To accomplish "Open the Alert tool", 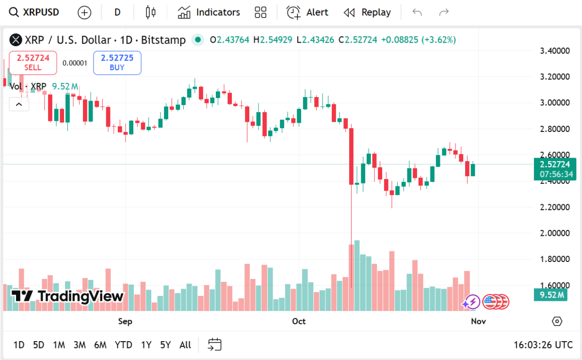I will (307, 12).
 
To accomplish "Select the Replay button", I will (367, 12).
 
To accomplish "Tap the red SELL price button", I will (33, 63).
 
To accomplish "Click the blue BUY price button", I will (117, 63).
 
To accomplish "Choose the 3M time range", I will (80, 345).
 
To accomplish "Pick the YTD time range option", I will (123, 345).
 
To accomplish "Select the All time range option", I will (185, 345).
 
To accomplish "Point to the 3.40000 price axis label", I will (554, 50).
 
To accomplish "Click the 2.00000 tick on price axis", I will (554, 233).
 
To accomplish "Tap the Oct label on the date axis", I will (299, 321).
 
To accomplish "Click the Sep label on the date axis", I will (125, 321).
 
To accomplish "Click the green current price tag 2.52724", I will (555, 164).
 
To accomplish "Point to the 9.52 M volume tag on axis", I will (550, 295).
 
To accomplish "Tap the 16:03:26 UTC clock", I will (543, 345).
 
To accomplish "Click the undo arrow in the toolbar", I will (417, 12).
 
